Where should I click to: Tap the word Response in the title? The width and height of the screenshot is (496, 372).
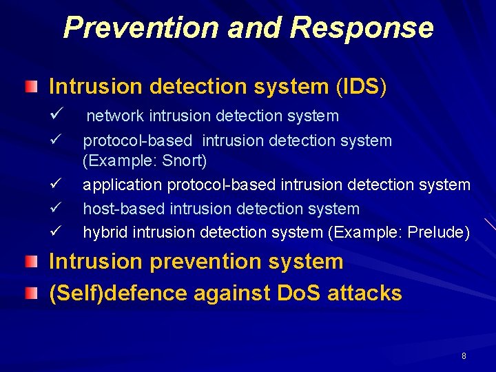point(362,28)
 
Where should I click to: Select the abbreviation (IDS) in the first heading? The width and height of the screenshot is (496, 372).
point(362,87)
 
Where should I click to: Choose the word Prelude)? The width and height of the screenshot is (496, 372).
point(439,232)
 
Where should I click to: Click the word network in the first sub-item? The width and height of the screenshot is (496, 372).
point(116,116)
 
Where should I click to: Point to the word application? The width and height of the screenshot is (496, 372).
point(122,185)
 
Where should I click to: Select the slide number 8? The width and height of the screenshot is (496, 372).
point(464,356)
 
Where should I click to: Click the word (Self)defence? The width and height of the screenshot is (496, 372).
point(118,293)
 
